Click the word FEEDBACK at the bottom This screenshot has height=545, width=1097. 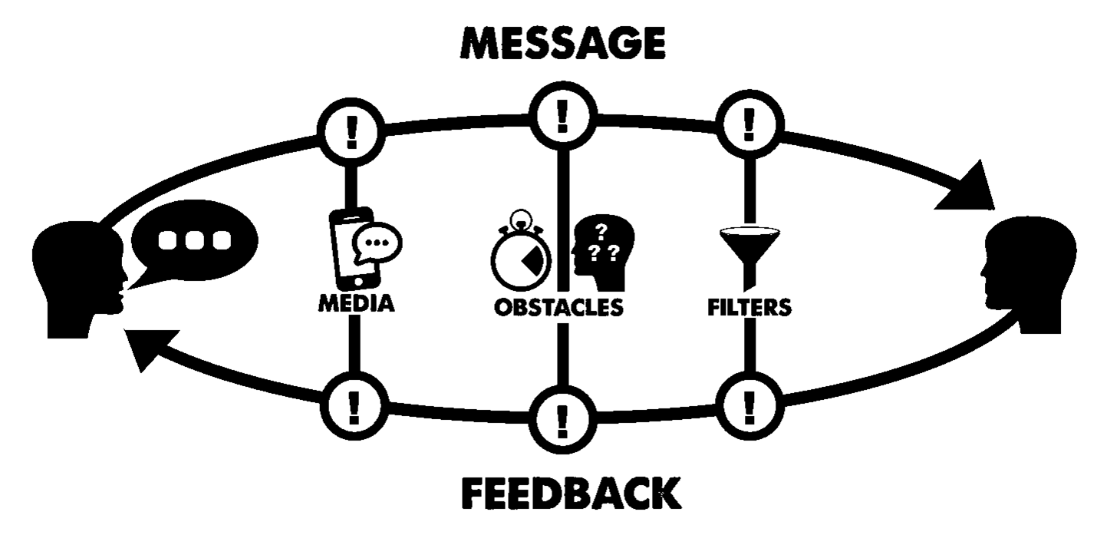click(x=571, y=494)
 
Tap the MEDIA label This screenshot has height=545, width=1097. click(x=357, y=304)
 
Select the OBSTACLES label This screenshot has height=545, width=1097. click(x=558, y=307)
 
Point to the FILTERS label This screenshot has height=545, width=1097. click(x=749, y=307)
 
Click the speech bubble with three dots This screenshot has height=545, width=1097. click(x=194, y=239)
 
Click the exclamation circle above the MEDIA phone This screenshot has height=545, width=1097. click(x=352, y=133)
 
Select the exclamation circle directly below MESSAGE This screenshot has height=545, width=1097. click(x=564, y=116)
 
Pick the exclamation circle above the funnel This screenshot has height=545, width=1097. click(x=749, y=122)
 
